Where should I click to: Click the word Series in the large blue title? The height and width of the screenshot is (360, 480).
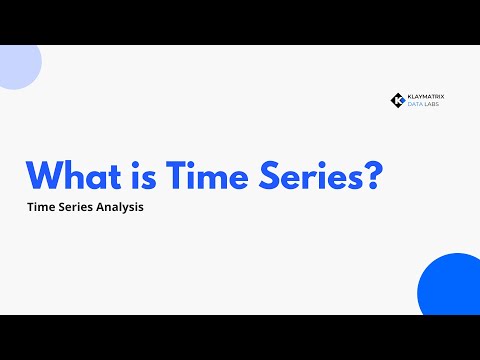317,176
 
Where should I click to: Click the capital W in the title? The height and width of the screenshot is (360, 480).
46,176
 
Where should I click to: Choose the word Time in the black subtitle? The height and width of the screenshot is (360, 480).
43,212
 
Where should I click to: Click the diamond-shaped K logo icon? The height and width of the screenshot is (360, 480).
397,101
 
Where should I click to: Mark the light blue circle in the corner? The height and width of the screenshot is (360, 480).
17,65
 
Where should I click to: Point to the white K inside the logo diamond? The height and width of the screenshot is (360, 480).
396,101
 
